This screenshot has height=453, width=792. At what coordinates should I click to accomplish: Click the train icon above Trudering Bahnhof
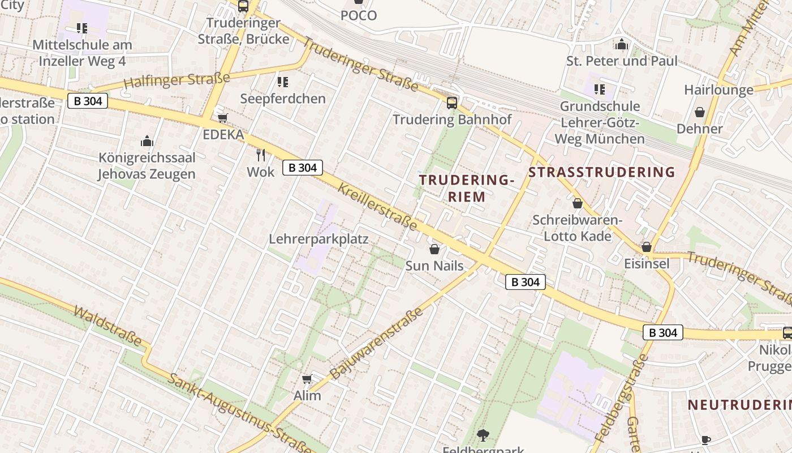451,102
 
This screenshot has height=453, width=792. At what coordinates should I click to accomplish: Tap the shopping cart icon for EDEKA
222,118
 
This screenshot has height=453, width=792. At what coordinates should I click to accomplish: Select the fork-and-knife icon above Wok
261,154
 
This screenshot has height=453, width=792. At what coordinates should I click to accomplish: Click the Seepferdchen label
283,99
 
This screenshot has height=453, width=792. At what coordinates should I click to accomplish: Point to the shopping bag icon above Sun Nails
434,249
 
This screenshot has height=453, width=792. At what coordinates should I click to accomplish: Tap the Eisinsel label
647,263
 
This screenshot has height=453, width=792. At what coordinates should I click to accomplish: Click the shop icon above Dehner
700,112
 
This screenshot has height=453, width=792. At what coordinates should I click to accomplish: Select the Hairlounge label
718,89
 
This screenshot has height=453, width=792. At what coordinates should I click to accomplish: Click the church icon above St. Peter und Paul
622,44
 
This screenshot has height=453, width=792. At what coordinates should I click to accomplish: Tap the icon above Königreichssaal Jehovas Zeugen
147,141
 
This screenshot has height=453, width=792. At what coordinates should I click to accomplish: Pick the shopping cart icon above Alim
307,379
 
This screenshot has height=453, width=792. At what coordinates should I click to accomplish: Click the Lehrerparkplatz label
318,239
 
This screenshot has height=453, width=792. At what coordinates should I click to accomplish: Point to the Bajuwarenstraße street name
376,343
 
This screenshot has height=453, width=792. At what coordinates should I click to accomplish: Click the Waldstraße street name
107,326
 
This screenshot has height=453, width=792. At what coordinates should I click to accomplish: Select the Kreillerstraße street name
377,207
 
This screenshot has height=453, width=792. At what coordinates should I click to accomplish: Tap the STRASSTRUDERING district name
602,172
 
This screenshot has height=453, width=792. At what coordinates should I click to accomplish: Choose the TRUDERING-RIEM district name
467,189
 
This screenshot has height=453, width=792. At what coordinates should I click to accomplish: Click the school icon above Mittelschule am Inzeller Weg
82,28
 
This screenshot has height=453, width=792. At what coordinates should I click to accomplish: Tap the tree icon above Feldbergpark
483,435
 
